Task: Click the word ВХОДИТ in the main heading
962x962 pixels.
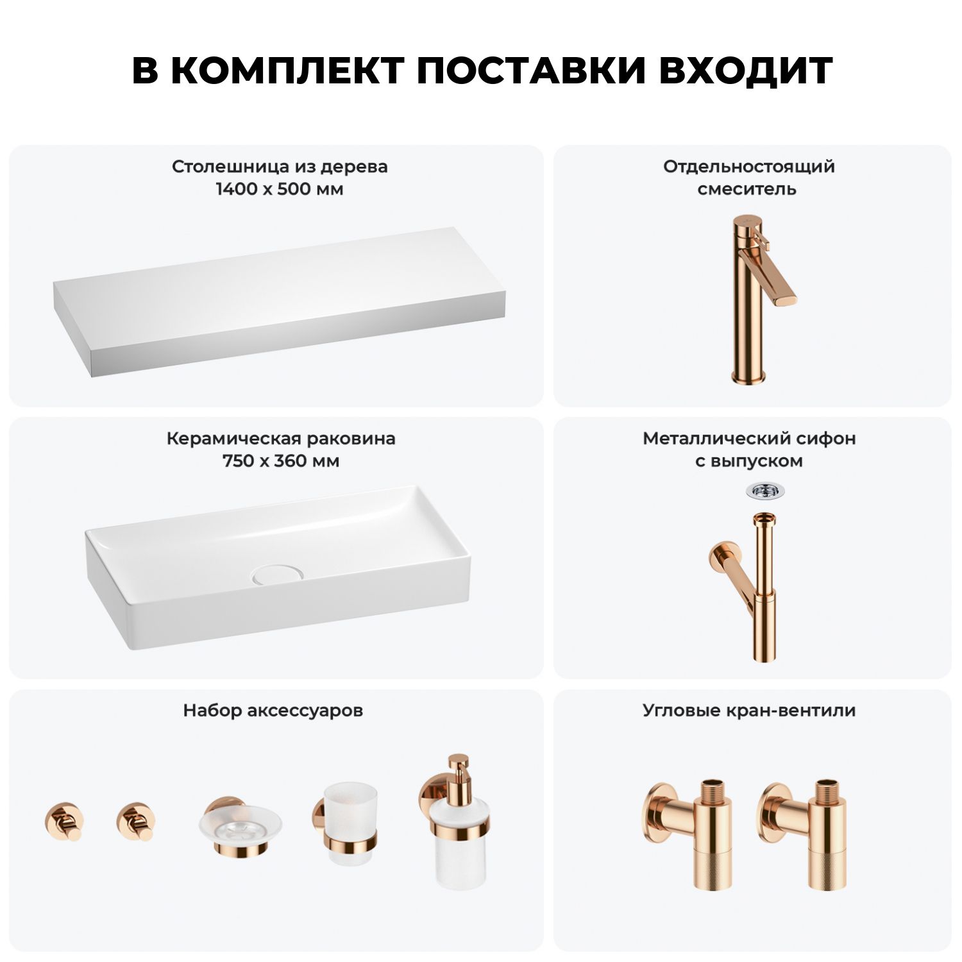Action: click(745, 70)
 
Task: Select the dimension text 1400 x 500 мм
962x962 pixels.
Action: click(280, 189)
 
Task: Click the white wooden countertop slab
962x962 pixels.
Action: click(280, 301)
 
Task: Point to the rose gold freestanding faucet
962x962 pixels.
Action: click(757, 300)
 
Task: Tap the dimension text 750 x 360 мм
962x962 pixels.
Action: click(281, 461)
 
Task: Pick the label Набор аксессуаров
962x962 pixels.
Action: click(273, 711)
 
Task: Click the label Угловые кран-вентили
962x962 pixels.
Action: click(749, 711)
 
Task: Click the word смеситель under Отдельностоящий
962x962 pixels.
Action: click(747, 189)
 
